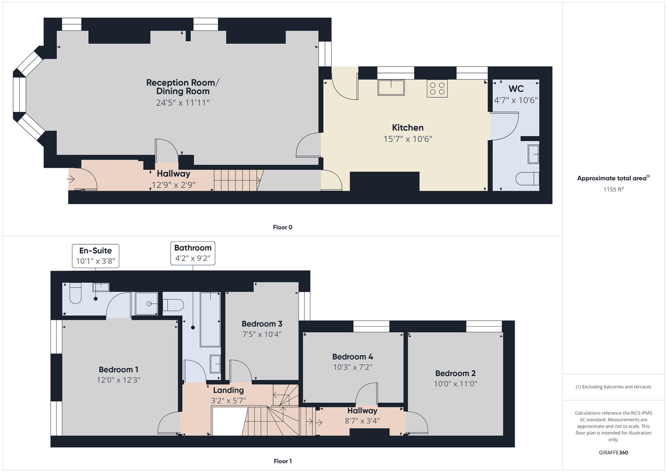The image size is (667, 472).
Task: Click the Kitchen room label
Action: tap(408, 128)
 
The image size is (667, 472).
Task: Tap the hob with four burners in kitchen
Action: tap(437, 88)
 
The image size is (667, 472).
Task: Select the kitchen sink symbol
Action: tap(391, 87)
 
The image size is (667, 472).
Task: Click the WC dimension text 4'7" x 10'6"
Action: tap(516, 100)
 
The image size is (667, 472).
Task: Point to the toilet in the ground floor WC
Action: tap(528, 179)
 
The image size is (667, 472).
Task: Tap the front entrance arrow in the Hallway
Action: tap(71, 179)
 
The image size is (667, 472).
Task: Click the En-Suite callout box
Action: tap(95, 256)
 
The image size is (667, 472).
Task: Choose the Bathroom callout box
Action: tap(193, 253)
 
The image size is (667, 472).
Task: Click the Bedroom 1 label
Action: tap(118, 370)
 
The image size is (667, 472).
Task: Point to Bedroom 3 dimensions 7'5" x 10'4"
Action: tap(262, 334)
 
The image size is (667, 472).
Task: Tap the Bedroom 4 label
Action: tap(353, 357)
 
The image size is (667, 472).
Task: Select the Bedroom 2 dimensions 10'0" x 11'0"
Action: tap(455, 384)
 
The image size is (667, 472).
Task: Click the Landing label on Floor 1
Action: tap(228, 390)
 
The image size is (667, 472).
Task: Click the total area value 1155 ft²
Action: tap(613, 190)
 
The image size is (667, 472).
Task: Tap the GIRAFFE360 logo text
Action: tap(613, 453)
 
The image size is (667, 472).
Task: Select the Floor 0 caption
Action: tap(283, 227)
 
